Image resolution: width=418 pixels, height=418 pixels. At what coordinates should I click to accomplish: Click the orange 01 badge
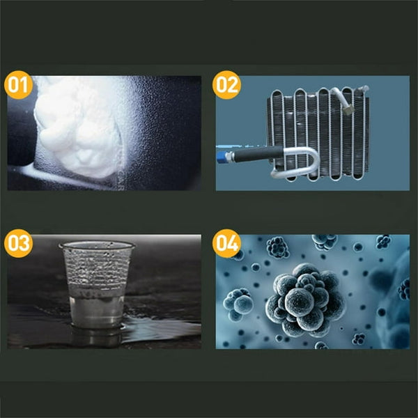point(18,85)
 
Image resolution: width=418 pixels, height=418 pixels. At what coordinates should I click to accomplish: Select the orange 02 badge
point(226,85)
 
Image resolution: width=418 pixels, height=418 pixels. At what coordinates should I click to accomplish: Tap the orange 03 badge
point(18,243)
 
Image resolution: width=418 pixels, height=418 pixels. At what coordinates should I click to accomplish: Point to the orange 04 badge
point(226,243)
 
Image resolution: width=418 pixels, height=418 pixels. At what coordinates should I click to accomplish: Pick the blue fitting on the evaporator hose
point(222,157)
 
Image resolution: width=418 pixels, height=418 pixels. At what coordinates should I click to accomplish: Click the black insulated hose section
point(257,154)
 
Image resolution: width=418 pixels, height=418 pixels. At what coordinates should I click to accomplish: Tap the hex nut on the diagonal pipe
point(348,109)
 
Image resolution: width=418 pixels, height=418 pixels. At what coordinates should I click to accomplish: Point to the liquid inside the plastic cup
point(97,309)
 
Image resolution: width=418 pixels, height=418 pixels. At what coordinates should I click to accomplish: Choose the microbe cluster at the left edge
point(238,304)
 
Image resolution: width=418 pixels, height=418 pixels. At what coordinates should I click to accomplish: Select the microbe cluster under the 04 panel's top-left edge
point(278,247)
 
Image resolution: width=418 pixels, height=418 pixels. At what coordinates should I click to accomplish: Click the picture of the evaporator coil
point(312,133)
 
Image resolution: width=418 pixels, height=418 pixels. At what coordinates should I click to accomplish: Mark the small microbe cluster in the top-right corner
point(383,242)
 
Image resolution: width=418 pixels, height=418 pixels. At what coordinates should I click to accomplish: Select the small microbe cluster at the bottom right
point(359,339)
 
